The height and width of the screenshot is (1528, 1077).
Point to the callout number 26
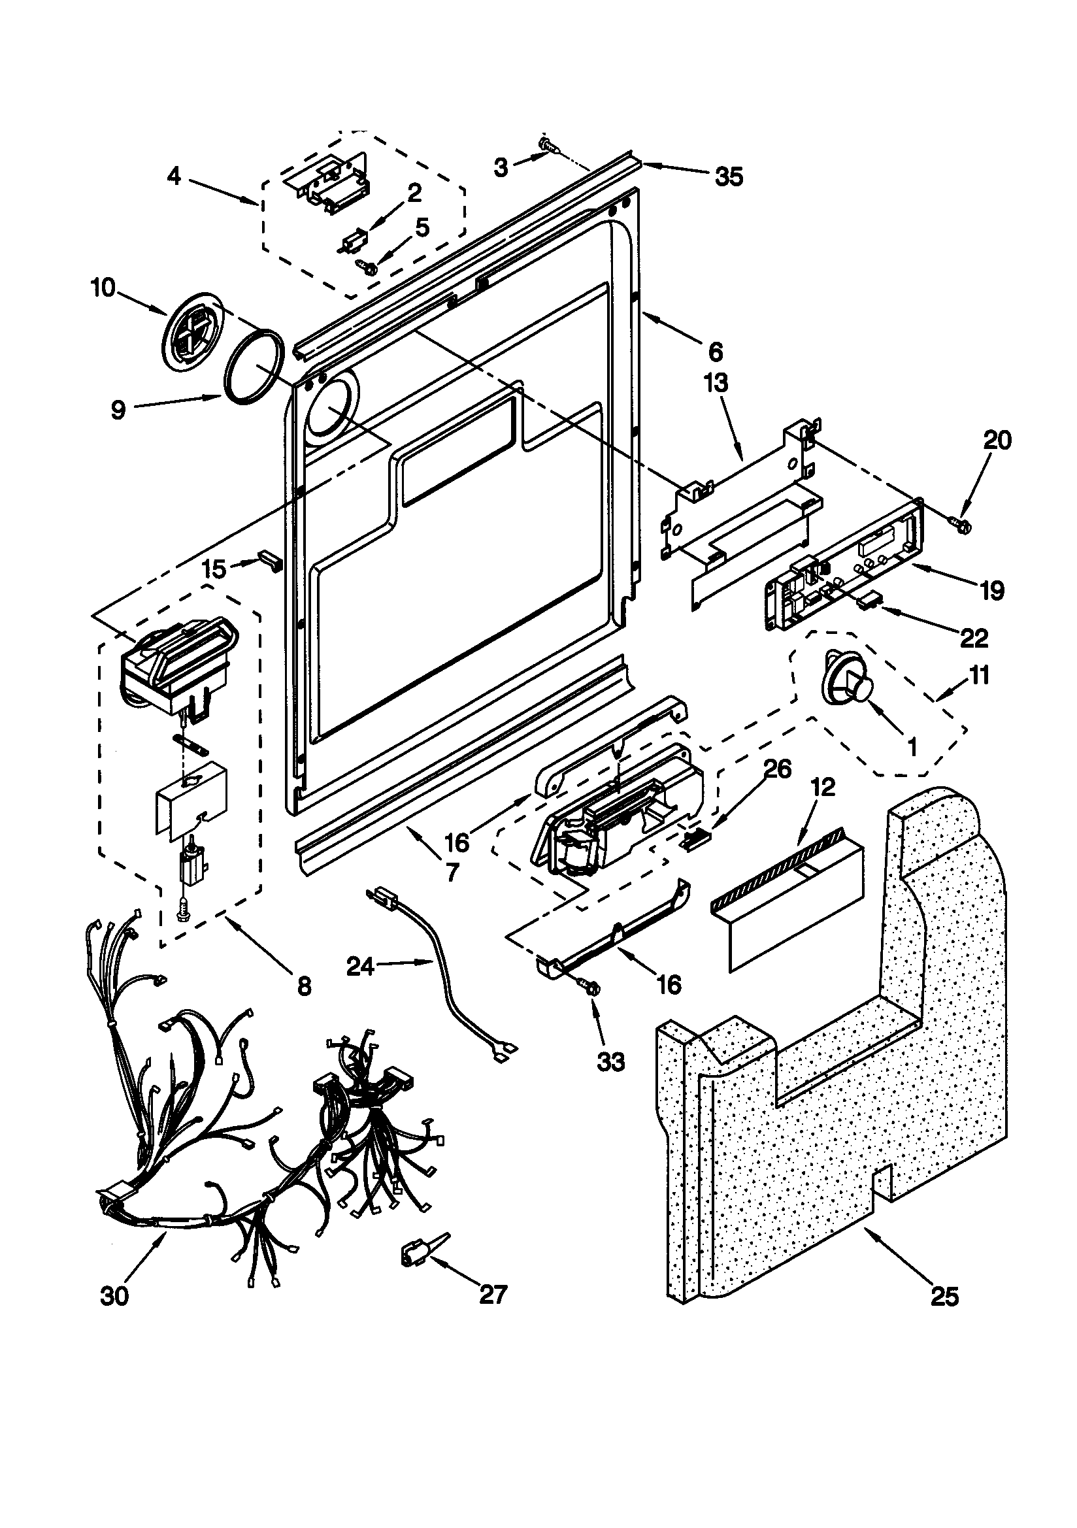click(x=778, y=770)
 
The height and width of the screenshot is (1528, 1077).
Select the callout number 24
click(x=361, y=967)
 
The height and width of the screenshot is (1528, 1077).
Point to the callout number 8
click(x=303, y=987)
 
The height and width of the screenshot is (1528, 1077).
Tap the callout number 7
click(x=452, y=872)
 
